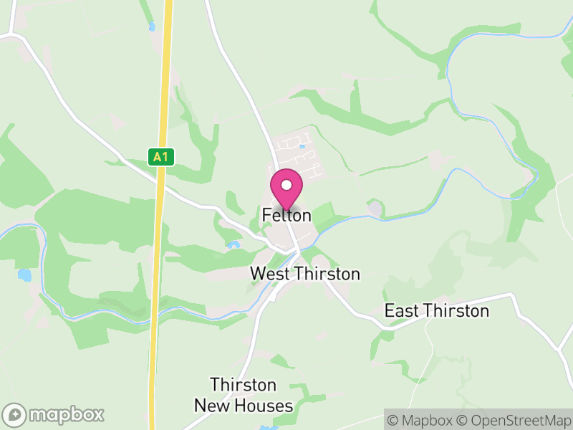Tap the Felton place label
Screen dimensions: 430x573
click(x=286, y=215)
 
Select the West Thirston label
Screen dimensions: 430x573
click(x=305, y=274)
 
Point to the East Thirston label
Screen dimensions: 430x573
click(x=437, y=311)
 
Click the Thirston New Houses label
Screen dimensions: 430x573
click(x=244, y=396)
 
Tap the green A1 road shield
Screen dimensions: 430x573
click(x=163, y=157)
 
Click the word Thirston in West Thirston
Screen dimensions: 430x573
click(x=327, y=274)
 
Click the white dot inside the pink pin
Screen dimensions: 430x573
click(x=286, y=185)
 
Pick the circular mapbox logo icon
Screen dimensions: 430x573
click(x=15, y=414)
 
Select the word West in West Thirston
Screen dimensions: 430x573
click(x=270, y=274)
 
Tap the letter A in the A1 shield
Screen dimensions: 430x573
click(x=160, y=157)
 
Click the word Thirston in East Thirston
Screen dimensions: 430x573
click(x=456, y=311)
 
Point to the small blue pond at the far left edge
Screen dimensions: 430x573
click(x=25, y=275)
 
